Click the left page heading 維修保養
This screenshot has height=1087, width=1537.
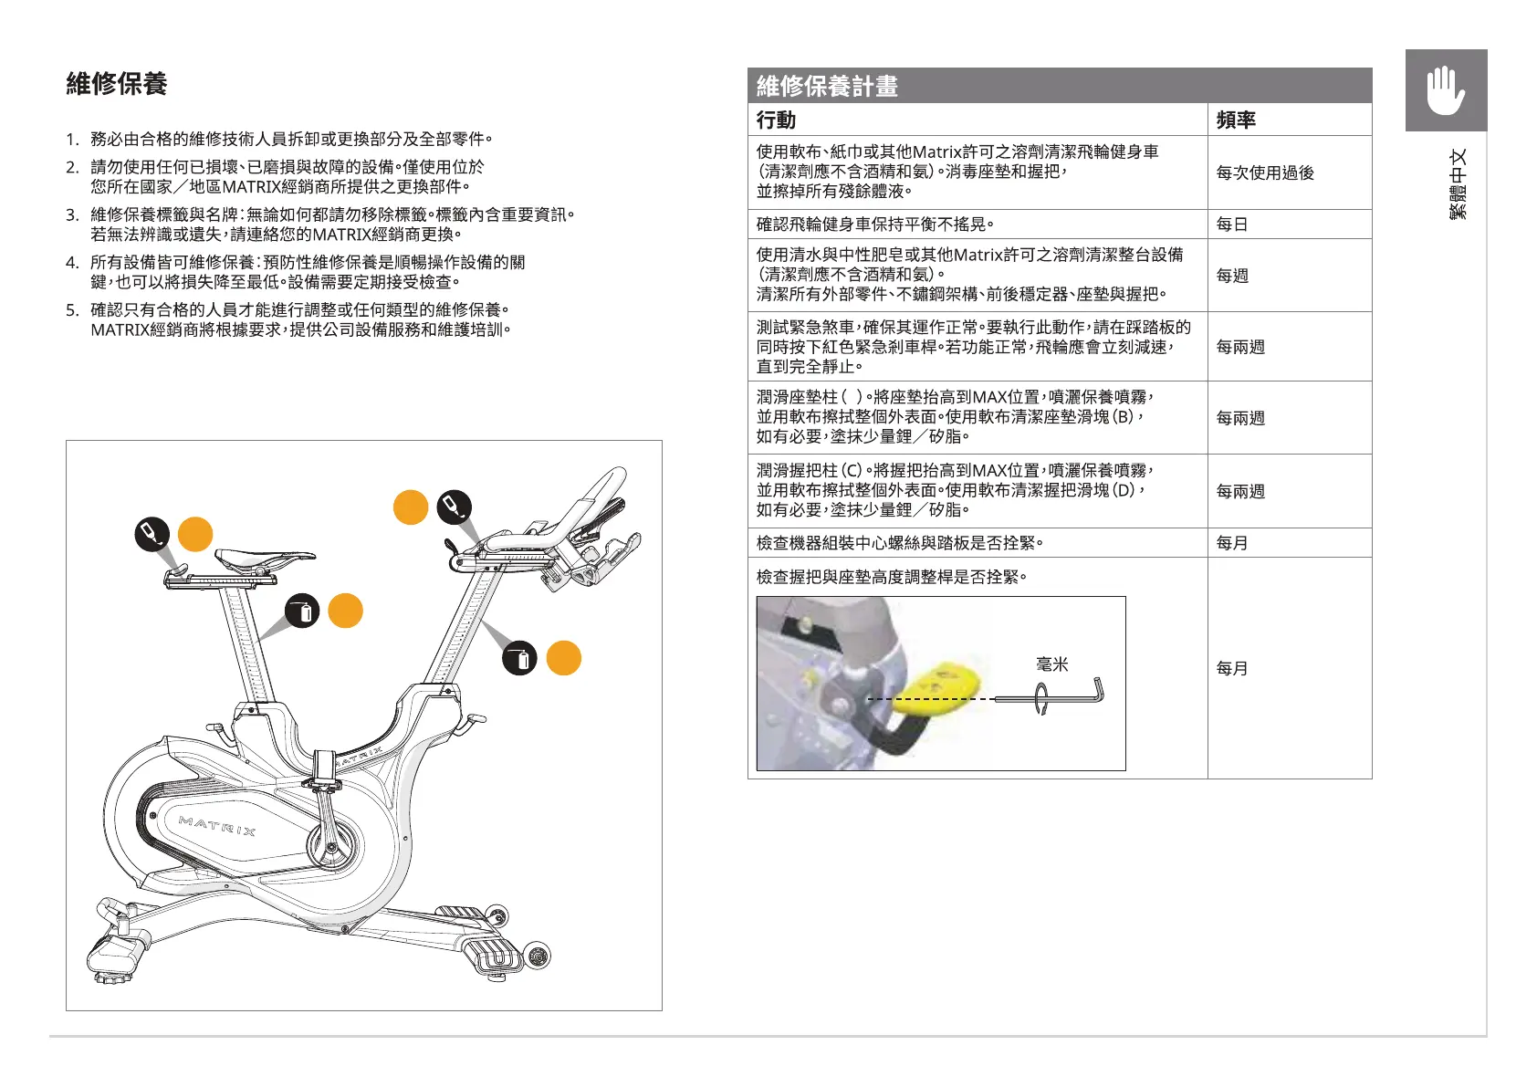pos(117,84)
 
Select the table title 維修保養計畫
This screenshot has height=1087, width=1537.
pos(827,86)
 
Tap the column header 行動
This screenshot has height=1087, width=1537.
pos(776,120)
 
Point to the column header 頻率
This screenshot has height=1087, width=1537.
pos(1236,120)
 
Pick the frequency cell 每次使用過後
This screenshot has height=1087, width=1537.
pos(1265,172)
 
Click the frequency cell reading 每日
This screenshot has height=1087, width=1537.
pos(1232,225)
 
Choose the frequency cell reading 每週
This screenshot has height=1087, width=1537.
pos(1232,276)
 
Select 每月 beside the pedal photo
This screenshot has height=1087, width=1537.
pos(1232,668)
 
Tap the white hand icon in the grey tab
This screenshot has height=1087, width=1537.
pos(1445,90)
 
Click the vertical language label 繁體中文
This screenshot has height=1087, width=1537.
pos(1458,183)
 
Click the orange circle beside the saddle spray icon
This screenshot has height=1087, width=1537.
pos(195,535)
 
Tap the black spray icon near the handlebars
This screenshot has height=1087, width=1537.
pos(454,506)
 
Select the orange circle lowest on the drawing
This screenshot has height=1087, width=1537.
pos(564,658)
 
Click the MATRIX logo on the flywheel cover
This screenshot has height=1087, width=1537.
pos(217,826)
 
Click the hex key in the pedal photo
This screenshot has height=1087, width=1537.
pos(1068,696)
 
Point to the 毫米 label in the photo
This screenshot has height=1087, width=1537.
pos(1051,664)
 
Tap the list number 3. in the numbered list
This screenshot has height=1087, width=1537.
pos(72,214)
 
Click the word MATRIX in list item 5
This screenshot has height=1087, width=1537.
pos(120,329)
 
